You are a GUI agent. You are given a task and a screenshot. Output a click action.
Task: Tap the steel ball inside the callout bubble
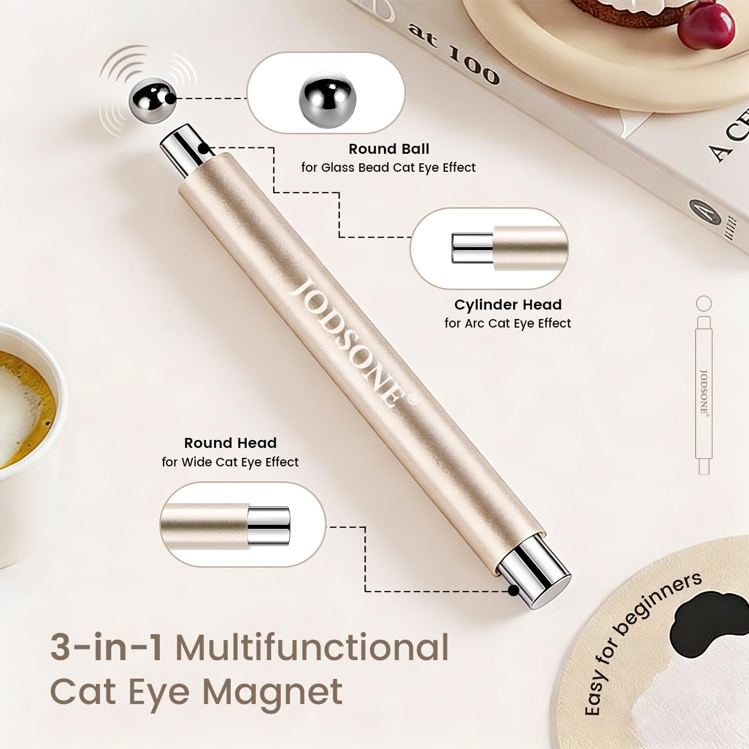pos(328,100)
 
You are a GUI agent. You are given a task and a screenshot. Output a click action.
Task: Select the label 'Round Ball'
pos(389,149)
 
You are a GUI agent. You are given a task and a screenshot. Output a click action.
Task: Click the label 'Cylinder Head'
pos(508,305)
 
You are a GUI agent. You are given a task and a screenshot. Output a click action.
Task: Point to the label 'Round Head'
pos(230,443)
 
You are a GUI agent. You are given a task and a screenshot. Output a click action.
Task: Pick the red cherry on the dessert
pos(706,24)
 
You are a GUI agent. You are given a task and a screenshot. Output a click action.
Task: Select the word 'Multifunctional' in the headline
pos(312,647)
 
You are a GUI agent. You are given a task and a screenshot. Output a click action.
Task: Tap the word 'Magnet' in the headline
pos(272,692)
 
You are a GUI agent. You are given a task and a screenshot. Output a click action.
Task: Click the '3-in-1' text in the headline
pos(106,647)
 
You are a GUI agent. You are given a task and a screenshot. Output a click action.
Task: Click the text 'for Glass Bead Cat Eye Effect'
pos(388,168)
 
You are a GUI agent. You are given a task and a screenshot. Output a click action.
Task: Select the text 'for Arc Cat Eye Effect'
pos(508,324)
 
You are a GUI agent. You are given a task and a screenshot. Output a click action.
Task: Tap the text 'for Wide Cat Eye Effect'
pos(230,462)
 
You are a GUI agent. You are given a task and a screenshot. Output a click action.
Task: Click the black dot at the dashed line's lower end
pos(513,591)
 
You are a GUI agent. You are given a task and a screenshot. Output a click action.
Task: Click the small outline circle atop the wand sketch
pos(704,304)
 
